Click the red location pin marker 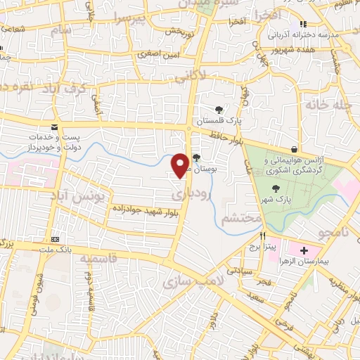point(180,165)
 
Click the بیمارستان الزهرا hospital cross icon point(304,250)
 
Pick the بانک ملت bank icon point(56,240)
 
